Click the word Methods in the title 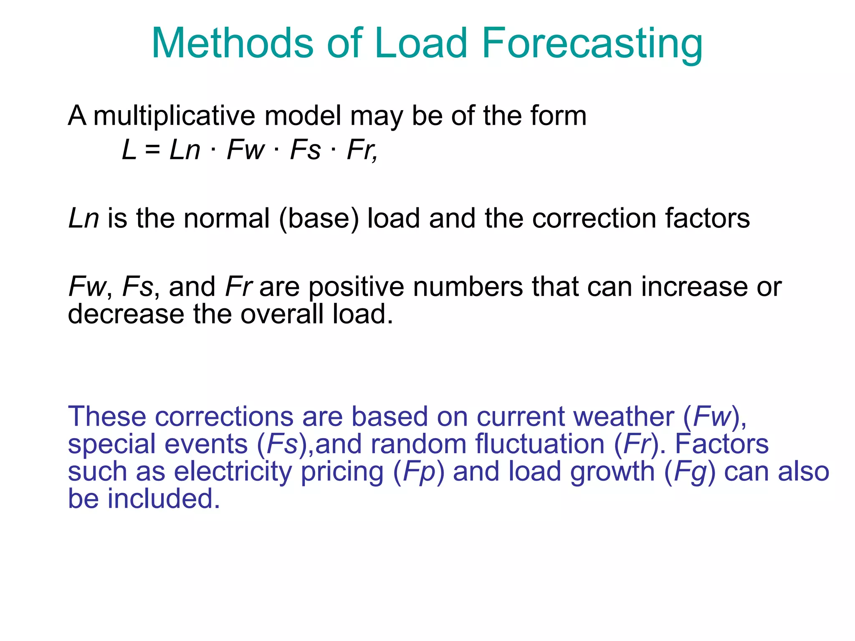[232, 43]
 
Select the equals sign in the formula [153, 150]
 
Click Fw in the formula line [245, 150]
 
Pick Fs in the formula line [306, 150]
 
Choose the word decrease [126, 314]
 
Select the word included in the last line [163, 499]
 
